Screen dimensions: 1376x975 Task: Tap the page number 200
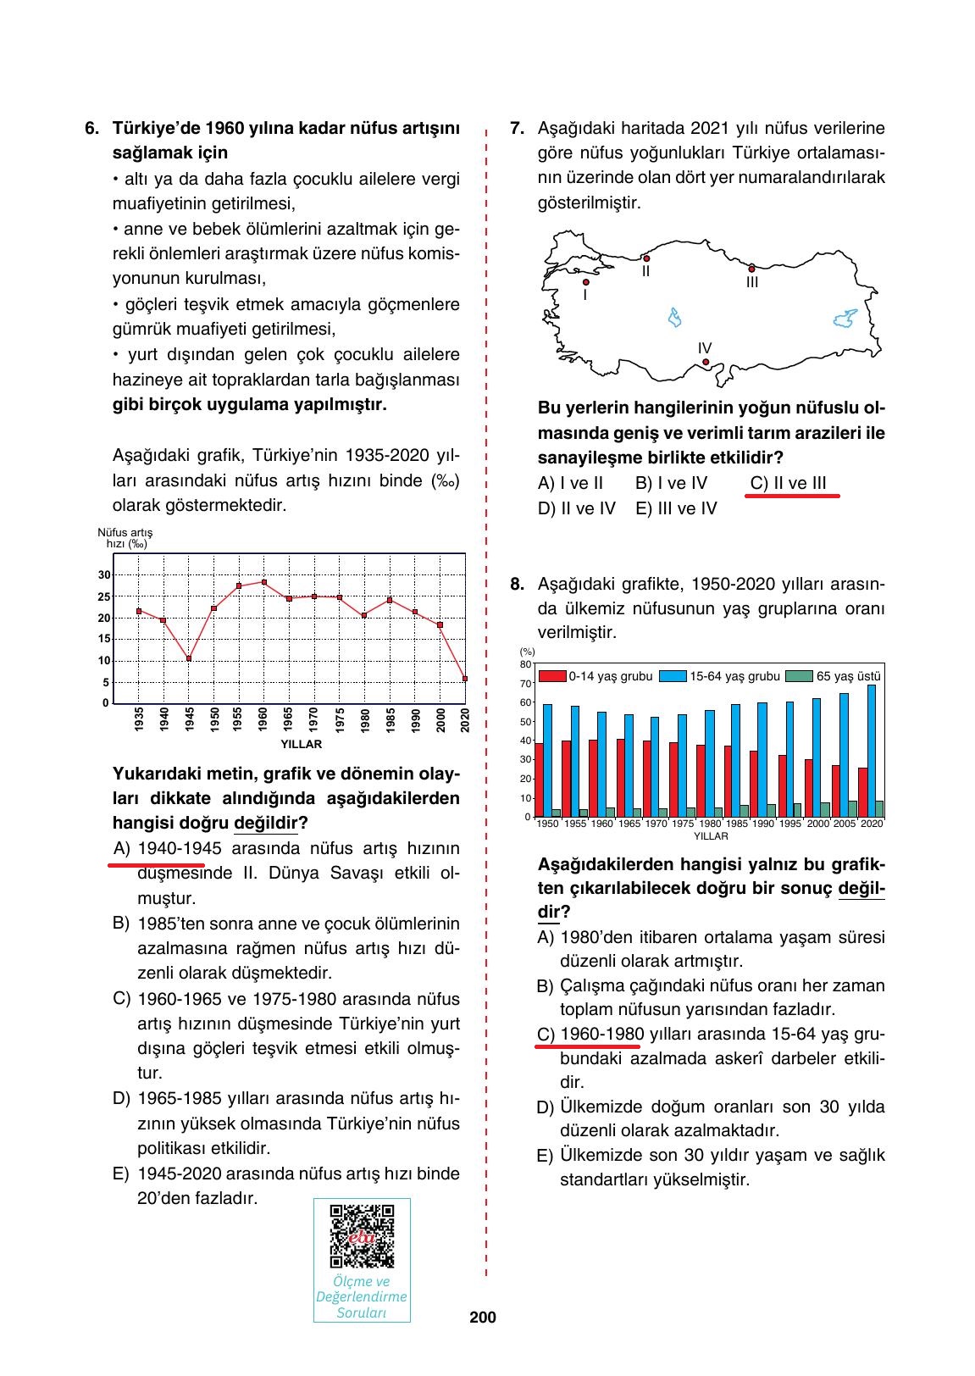coord(482,1318)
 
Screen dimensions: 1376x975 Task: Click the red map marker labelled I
coord(585,282)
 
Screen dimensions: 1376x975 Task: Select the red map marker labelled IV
coord(706,363)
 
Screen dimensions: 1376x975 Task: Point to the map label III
coord(751,283)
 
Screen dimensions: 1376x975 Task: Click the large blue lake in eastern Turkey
coord(845,319)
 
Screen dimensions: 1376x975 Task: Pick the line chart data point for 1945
coord(189,658)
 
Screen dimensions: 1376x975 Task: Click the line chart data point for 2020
coord(465,678)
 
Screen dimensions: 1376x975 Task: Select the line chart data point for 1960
coord(264,582)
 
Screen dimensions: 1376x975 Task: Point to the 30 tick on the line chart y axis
coord(104,574)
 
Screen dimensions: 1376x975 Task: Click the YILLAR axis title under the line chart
coord(301,744)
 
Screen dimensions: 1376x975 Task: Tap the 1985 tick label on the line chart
coord(391,720)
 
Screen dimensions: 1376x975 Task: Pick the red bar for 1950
coord(539,780)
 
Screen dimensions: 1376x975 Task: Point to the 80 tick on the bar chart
coord(525,664)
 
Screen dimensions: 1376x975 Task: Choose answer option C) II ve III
coord(788,483)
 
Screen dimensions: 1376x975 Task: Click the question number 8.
coord(516,584)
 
